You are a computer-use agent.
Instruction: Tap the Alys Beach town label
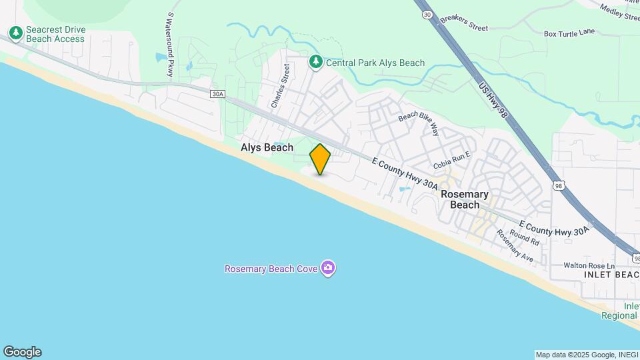(x=267, y=147)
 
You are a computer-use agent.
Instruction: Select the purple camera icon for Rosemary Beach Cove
(x=327, y=269)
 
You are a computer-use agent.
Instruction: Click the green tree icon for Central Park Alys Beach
(x=315, y=62)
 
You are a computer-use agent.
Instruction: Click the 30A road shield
(x=217, y=94)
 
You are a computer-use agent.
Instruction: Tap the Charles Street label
(x=280, y=86)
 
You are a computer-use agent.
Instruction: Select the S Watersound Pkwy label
(x=170, y=44)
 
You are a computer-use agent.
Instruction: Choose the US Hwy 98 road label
(x=493, y=101)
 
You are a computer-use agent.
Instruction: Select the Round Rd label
(x=525, y=237)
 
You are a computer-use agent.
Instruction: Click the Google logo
(x=22, y=352)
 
